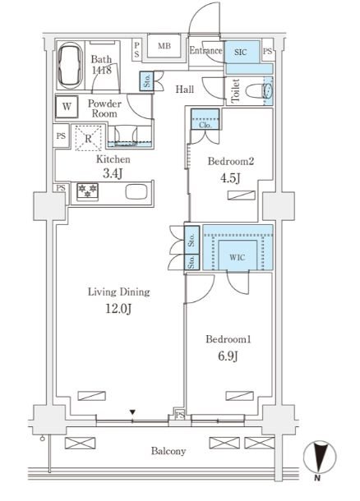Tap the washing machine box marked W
(x=67, y=107)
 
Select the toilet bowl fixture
(x=260, y=91)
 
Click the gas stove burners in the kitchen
(x=87, y=191)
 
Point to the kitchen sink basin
(x=136, y=191)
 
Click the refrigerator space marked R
(x=88, y=138)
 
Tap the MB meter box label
(x=164, y=46)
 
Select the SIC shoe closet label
(x=241, y=52)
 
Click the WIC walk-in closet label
(x=238, y=257)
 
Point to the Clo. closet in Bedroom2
(x=205, y=119)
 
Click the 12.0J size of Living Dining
(x=118, y=309)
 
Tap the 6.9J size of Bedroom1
(x=228, y=356)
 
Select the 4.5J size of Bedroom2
(x=230, y=178)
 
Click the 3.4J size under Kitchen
(x=113, y=174)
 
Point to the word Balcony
(x=168, y=451)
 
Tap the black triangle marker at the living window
(x=132, y=412)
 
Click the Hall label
(x=185, y=90)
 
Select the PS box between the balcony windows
(x=180, y=415)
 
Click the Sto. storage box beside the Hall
(x=147, y=80)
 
